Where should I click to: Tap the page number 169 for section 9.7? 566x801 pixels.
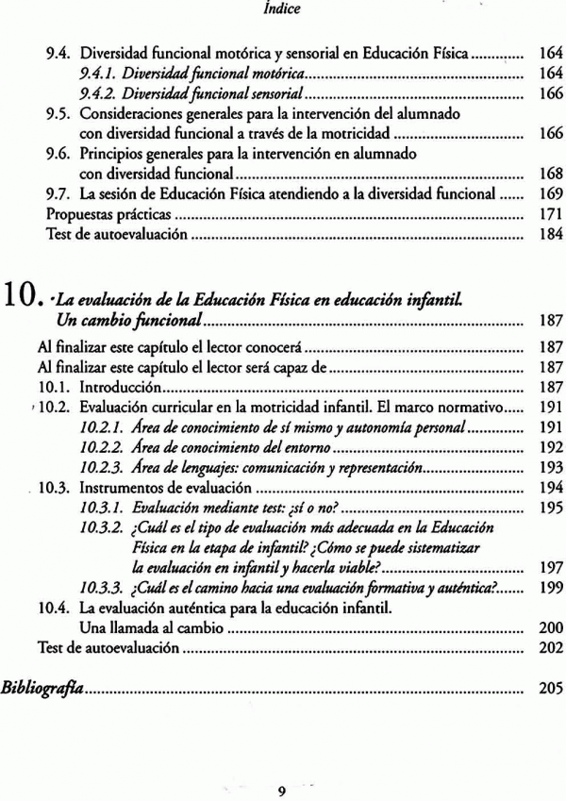pos(550,194)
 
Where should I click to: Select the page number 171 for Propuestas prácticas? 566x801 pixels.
pos(550,214)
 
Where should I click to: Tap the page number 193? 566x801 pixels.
pos(550,467)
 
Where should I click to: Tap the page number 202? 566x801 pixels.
pos(550,648)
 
